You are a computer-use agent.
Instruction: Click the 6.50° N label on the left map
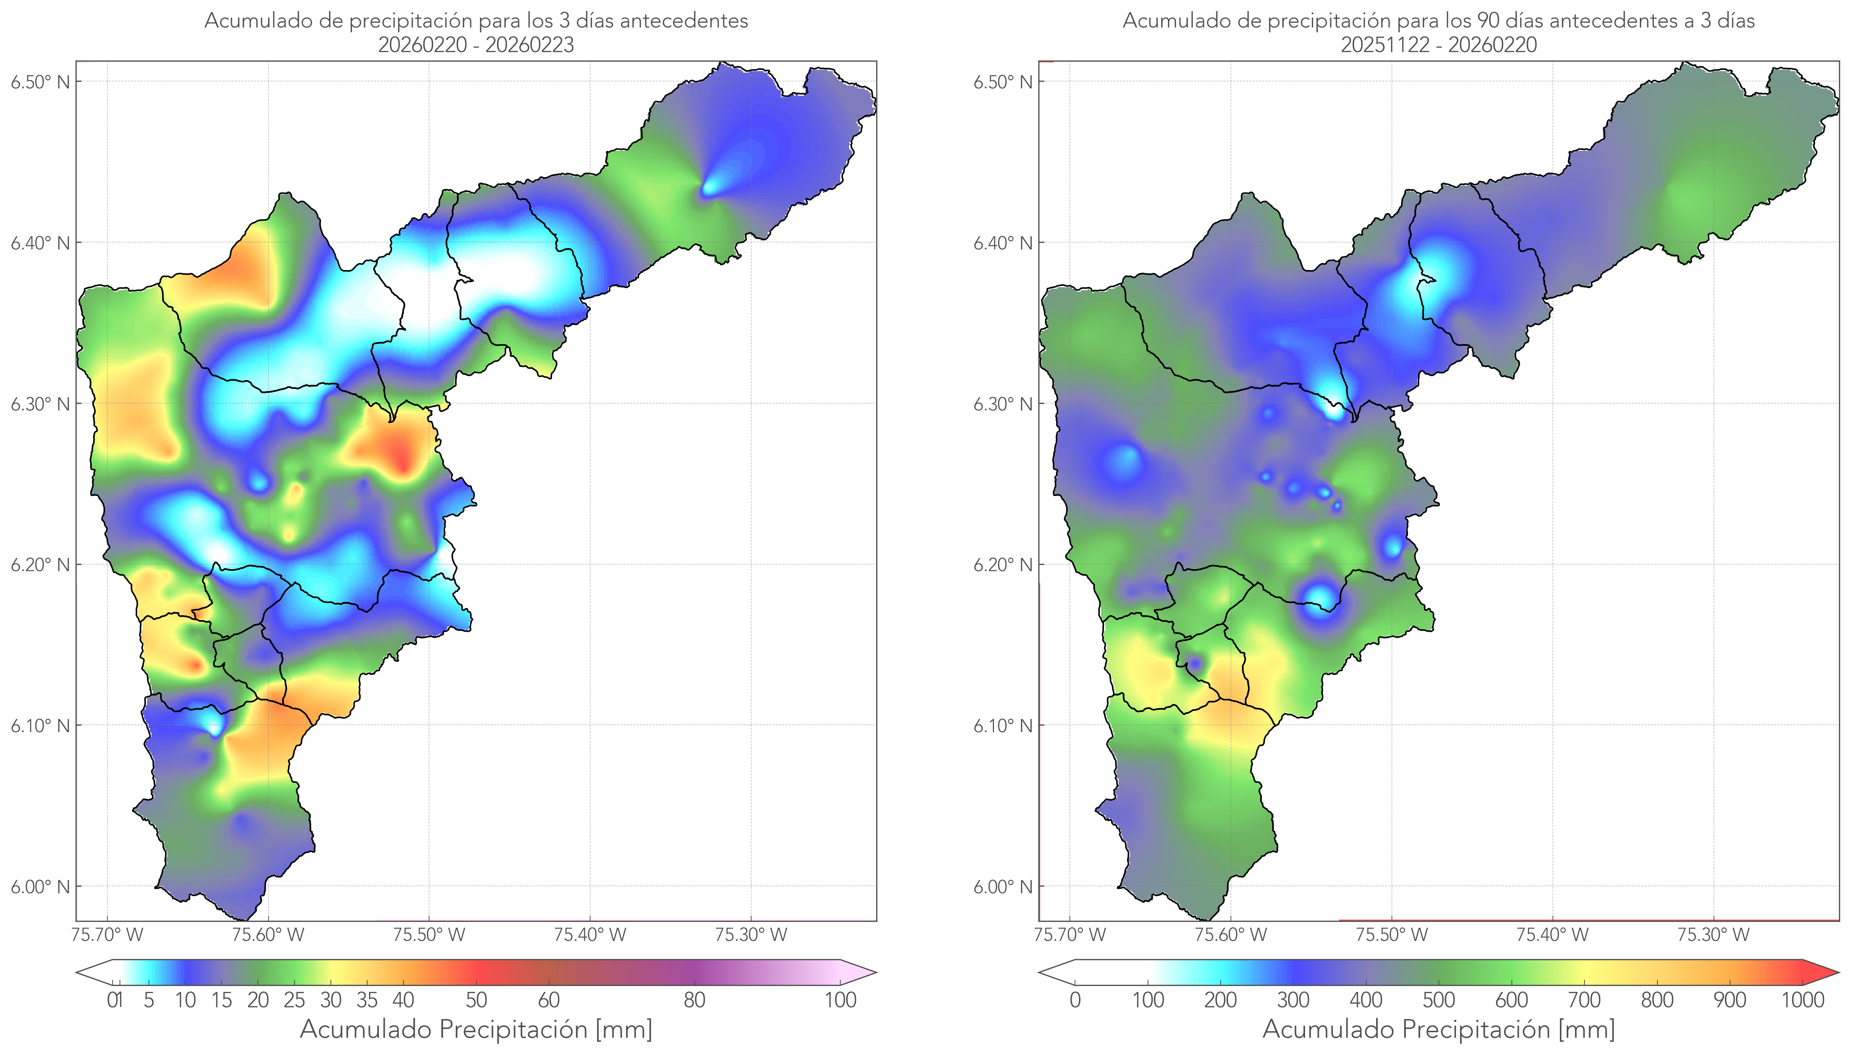coord(40,82)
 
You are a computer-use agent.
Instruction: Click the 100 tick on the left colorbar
coord(840,1000)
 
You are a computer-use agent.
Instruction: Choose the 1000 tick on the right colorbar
coord(1802,1000)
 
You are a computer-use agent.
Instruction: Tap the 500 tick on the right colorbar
coord(1438,1000)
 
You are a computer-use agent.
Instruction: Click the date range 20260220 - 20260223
coord(476,45)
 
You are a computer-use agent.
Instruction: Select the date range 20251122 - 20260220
coord(1438,45)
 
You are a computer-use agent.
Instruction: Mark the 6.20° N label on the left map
coord(40,565)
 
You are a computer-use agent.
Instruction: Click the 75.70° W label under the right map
coord(1070,935)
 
